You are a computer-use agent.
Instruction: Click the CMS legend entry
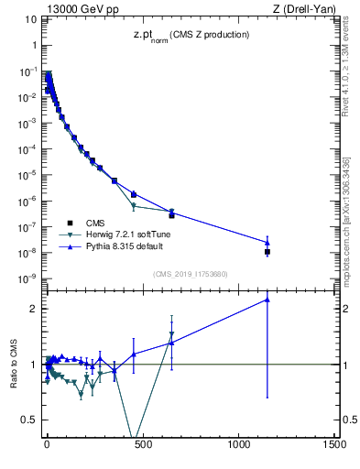click(x=95, y=223)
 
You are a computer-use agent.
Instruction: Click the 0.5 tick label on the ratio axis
click(x=29, y=420)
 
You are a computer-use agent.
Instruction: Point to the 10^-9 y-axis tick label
click(x=27, y=278)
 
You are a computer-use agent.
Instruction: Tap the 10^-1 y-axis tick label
click(x=27, y=71)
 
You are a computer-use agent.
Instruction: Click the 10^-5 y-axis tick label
click(x=27, y=175)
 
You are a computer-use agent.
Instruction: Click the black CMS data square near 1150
click(x=267, y=251)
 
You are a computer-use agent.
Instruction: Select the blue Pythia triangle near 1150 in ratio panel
click(x=267, y=299)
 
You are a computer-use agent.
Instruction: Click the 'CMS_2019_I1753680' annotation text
click(x=190, y=274)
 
